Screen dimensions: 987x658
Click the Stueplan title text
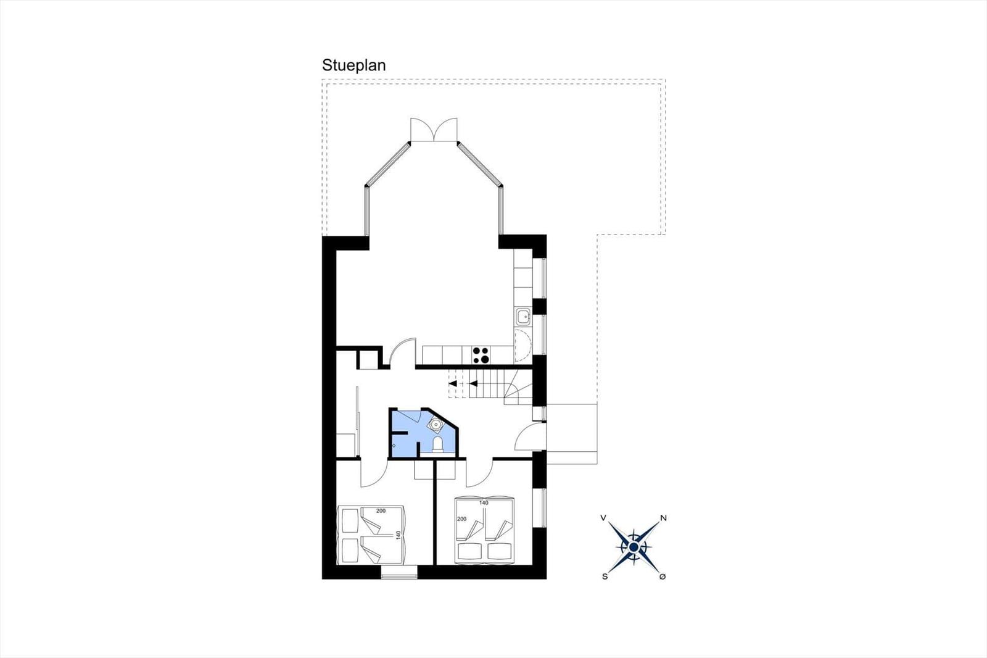click(x=354, y=65)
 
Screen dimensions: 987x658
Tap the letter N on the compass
click(x=663, y=518)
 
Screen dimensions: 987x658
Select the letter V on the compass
click(x=603, y=518)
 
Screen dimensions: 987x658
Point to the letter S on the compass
click(x=605, y=577)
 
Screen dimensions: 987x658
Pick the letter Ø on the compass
click(x=663, y=577)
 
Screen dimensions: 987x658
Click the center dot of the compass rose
click(x=634, y=548)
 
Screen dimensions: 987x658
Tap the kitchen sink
click(x=522, y=317)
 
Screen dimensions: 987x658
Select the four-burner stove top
click(x=481, y=356)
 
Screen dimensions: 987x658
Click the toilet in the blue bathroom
click(x=437, y=444)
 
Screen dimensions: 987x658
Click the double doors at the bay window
click(x=434, y=130)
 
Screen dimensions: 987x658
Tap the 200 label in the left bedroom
click(x=381, y=511)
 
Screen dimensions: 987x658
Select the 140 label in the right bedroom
click(x=484, y=503)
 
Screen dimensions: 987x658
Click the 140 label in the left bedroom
click(x=399, y=535)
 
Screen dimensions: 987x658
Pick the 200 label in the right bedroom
click(x=461, y=519)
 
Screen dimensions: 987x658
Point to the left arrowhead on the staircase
click(x=453, y=384)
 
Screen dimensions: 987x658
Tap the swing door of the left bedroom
click(x=374, y=473)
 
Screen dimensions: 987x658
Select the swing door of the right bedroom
click(x=479, y=473)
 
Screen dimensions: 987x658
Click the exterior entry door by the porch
click(x=530, y=436)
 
